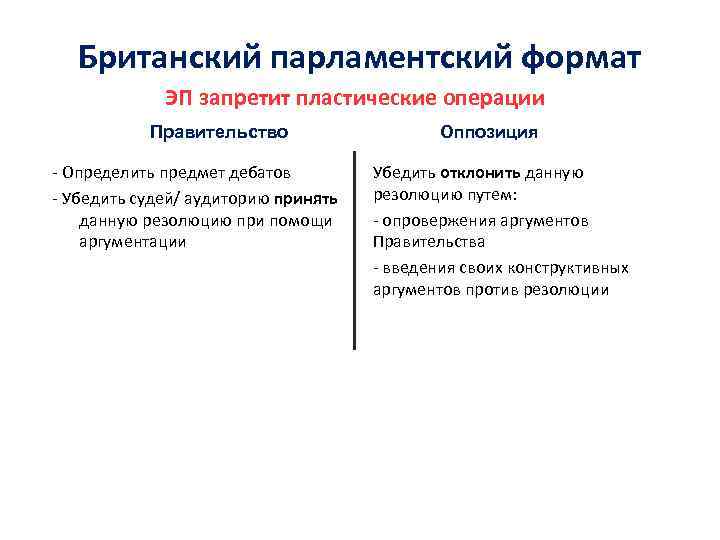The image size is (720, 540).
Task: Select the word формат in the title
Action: (x=580, y=58)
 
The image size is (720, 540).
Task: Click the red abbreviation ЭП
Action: (x=178, y=99)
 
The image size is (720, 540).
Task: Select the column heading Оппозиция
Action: (x=489, y=132)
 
